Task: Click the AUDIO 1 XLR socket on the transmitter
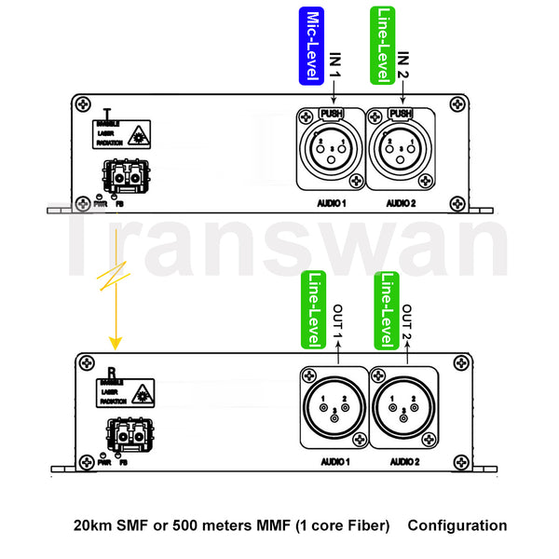point(332,148)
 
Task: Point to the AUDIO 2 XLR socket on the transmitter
point(402,148)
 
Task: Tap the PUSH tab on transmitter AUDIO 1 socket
point(332,114)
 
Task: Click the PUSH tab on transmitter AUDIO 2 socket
point(401,114)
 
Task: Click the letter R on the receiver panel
point(113,370)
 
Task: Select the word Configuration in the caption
point(457,525)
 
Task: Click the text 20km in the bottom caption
point(92,525)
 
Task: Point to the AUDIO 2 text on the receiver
point(404,461)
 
